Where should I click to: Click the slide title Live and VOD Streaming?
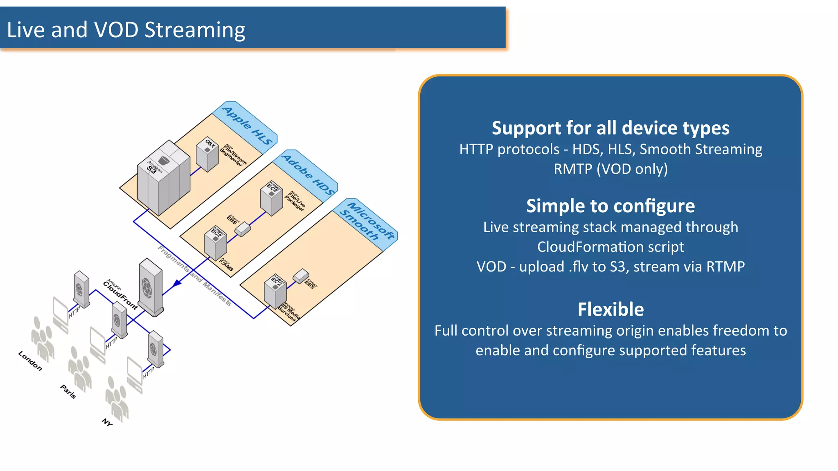126,30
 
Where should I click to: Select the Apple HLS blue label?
247,125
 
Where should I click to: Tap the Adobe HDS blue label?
308,174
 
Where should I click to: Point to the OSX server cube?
207,154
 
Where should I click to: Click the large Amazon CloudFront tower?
151,287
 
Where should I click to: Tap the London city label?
30,361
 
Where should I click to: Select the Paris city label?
68,391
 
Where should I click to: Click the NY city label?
107,422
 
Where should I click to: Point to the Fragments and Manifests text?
195,276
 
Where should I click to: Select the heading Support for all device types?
610,128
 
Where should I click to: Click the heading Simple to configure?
610,206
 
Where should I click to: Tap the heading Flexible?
610,309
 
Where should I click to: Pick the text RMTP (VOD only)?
610,169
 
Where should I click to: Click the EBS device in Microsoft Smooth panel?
301,276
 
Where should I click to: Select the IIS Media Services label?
289,313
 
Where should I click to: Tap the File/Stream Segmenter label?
234,155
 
